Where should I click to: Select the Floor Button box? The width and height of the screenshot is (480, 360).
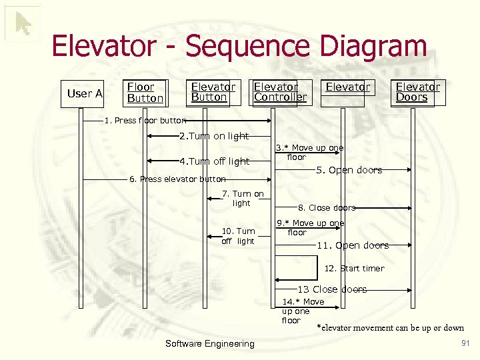pyautogui.click(x=145, y=93)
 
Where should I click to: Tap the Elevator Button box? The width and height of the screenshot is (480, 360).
pyautogui.click(x=213, y=93)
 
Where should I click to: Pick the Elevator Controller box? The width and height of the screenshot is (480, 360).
pyautogui.click(x=280, y=93)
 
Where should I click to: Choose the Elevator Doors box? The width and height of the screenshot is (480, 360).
pyautogui.click(x=417, y=93)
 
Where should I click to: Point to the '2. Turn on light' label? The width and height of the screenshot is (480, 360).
pyautogui.click(x=213, y=136)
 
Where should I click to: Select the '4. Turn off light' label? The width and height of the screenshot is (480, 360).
pyautogui.click(x=214, y=161)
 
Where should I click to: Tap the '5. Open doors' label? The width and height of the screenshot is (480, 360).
pyautogui.click(x=349, y=170)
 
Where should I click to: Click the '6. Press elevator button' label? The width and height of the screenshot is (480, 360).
pyautogui.click(x=177, y=179)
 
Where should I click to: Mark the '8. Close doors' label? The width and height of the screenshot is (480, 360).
pyautogui.click(x=327, y=208)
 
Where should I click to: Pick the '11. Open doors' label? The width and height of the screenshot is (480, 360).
pyautogui.click(x=352, y=245)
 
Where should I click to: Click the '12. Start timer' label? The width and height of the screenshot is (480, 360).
pyautogui.click(x=354, y=269)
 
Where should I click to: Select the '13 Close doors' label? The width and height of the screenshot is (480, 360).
pyautogui.click(x=331, y=289)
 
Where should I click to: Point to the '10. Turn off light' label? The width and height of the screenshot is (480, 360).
pyautogui.click(x=238, y=236)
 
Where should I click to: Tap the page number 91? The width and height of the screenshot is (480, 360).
pyautogui.click(x=465, y=343)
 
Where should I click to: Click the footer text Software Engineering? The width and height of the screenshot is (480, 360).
pyautogui.click(x=209, y=344)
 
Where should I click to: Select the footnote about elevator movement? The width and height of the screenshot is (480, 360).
pyautogui.click(x=390, y=327)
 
